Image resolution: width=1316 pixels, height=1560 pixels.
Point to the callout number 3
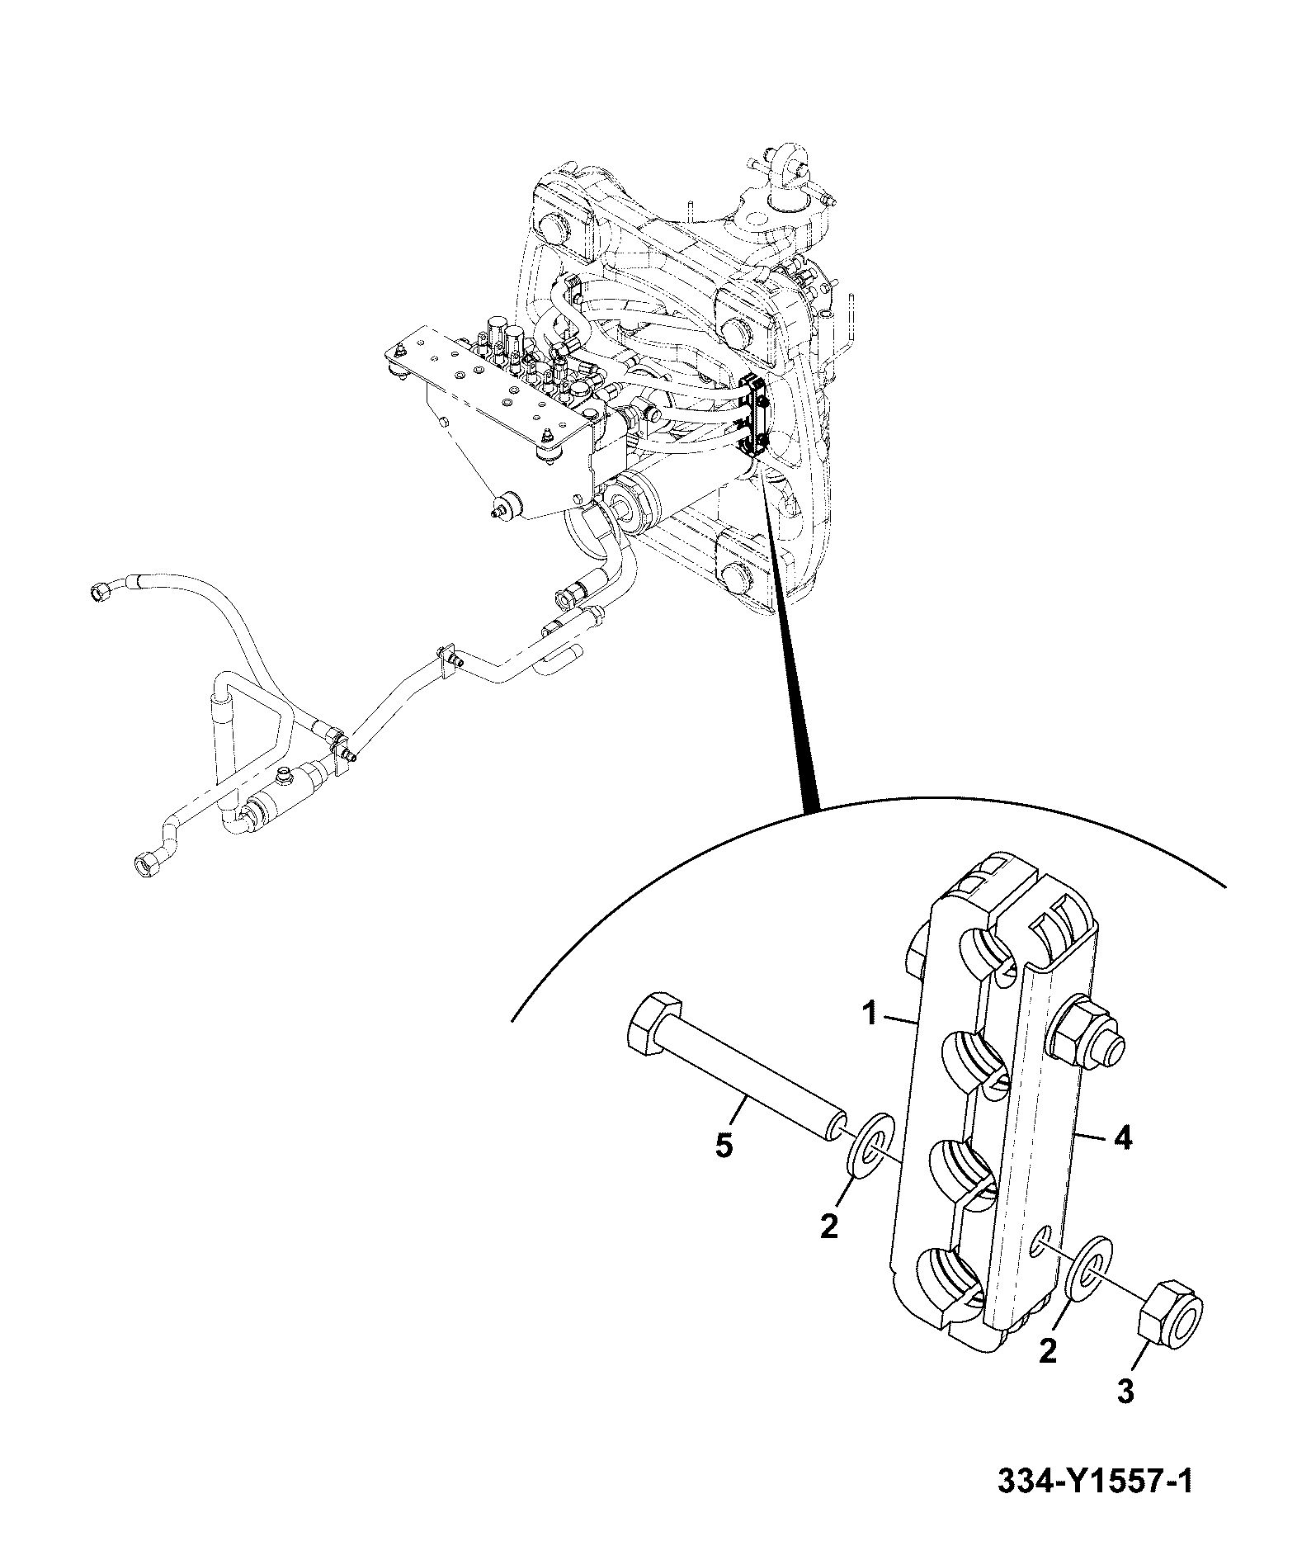point(1125,1392)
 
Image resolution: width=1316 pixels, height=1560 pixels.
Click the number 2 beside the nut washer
point(1048,1352)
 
